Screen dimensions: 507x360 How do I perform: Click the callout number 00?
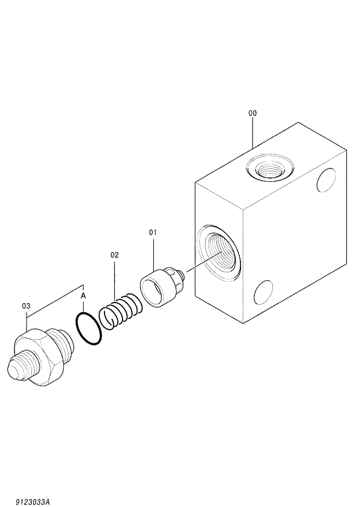click(253, 114)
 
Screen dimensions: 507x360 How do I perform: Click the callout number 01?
click(153, 233)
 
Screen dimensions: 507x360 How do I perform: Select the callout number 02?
click(114, 255)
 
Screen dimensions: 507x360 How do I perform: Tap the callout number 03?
click(26, 305)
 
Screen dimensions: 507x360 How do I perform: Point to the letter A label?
click(83, 296)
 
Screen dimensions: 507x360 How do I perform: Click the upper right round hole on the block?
click(327, 179)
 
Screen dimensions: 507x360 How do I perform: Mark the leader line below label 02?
click(114, 279)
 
